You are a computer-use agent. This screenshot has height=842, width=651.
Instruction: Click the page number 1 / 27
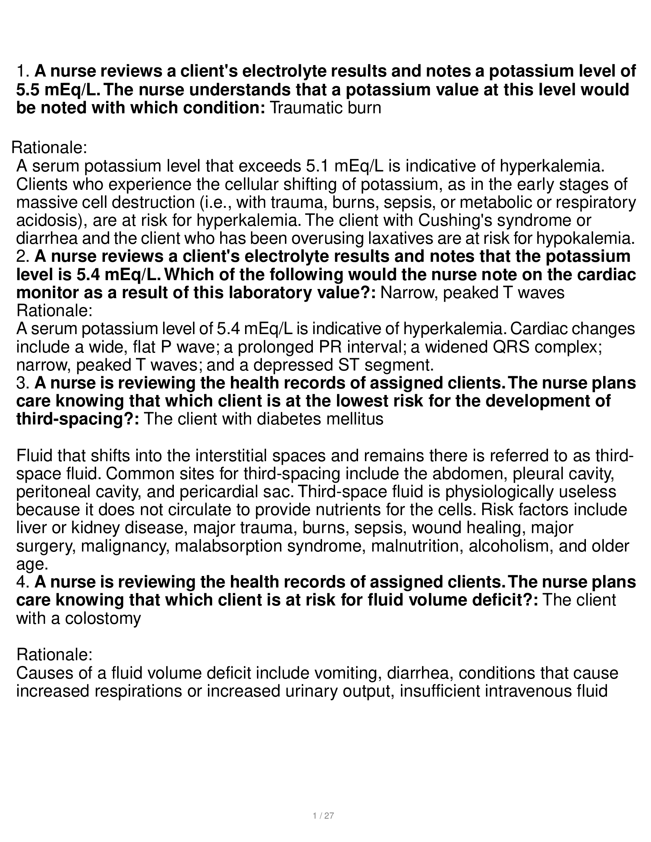click(323, 816)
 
